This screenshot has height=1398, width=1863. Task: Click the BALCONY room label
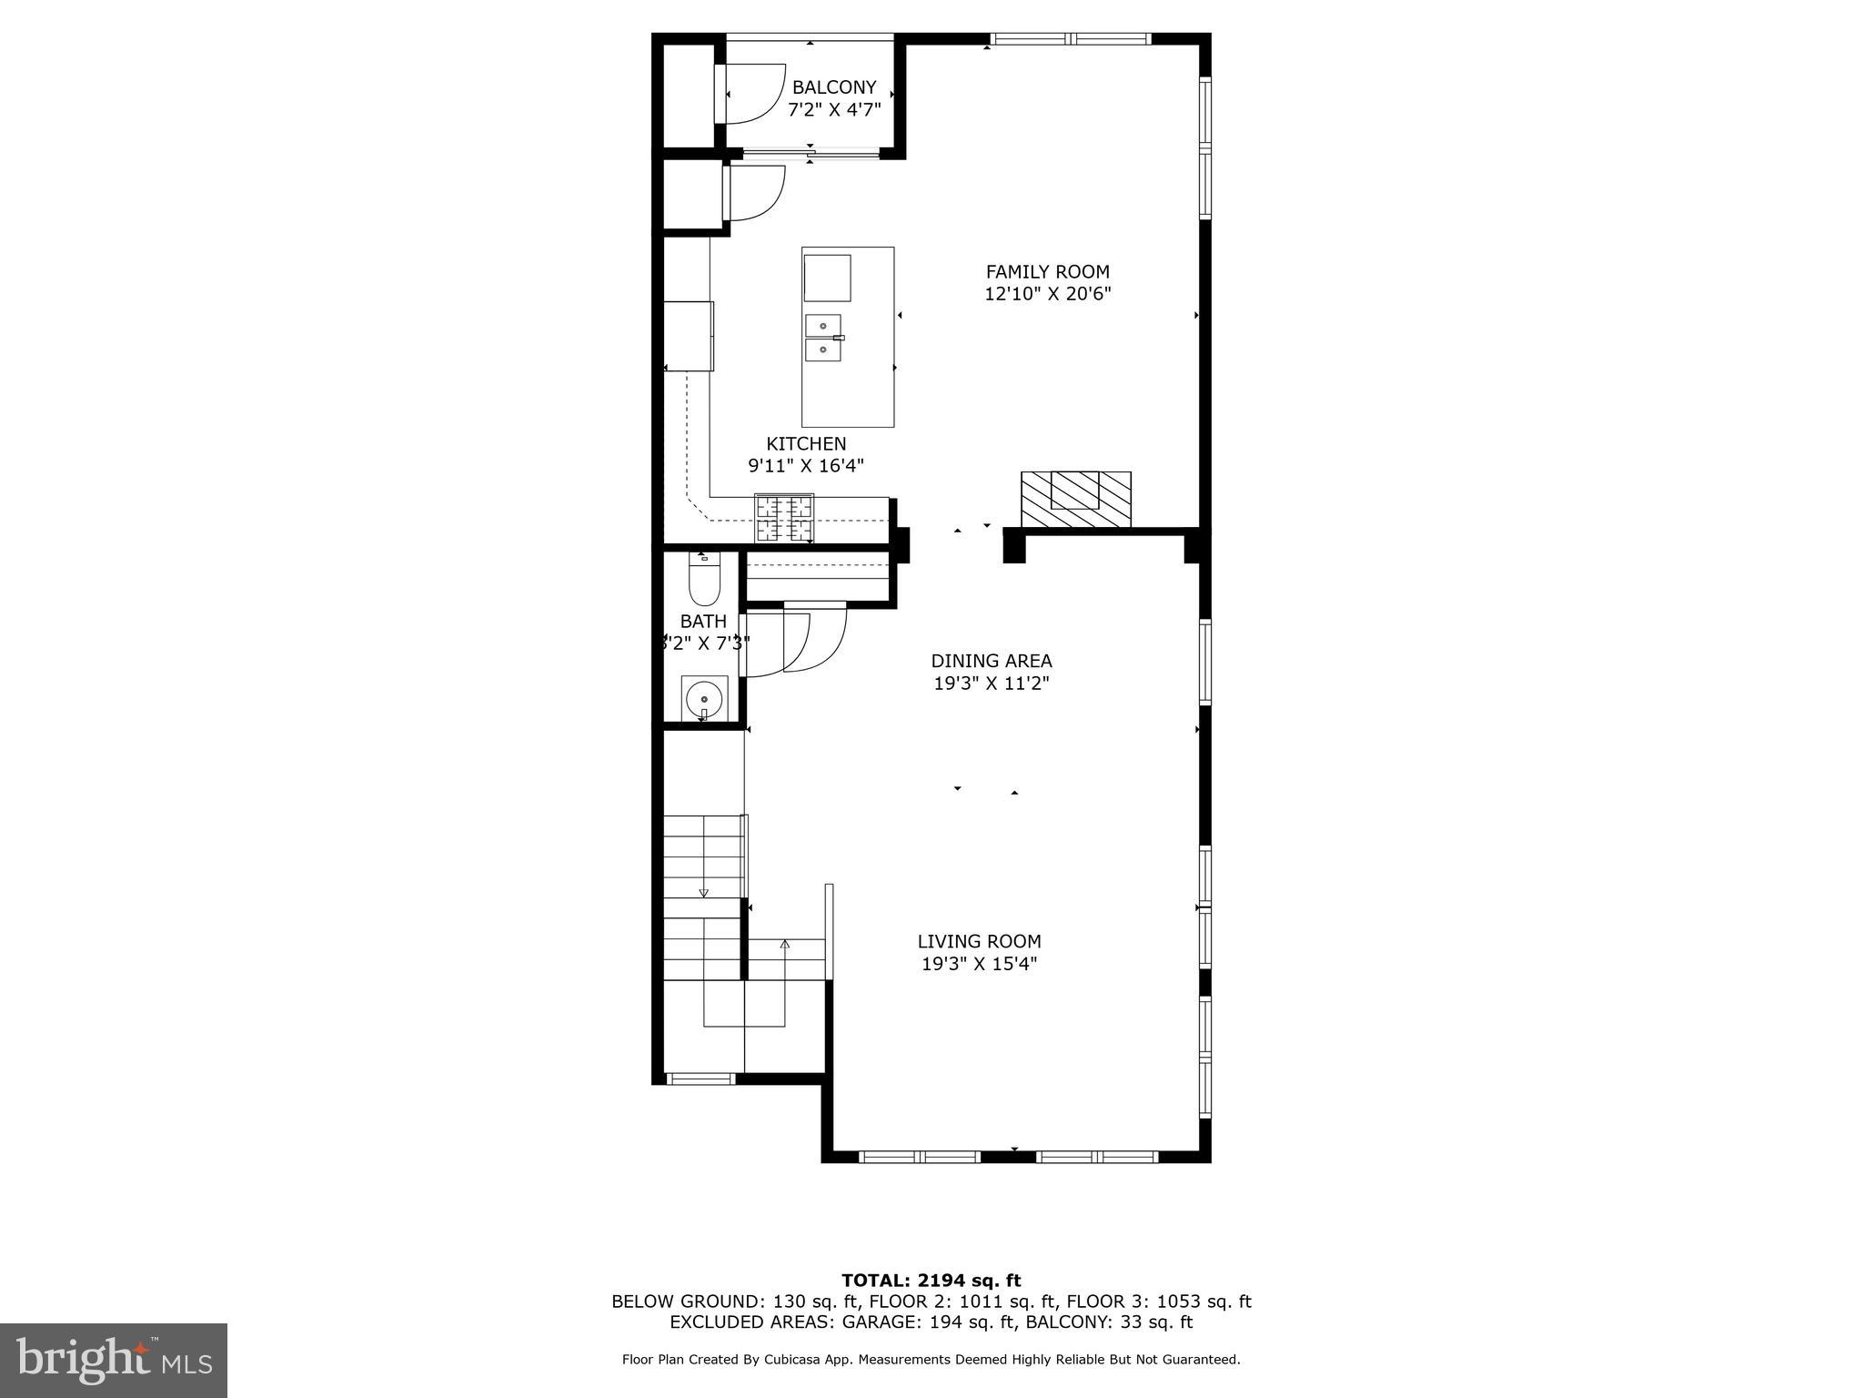833,87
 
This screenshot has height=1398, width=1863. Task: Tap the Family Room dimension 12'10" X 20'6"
1047,294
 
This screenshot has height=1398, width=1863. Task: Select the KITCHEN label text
806,443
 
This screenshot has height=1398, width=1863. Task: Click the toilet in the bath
704,580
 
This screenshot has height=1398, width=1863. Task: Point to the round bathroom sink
704,699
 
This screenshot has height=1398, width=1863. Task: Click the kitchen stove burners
783,518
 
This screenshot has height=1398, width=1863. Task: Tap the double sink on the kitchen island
822,338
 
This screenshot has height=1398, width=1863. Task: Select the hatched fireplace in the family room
1075,499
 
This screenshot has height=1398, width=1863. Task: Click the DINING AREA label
991,661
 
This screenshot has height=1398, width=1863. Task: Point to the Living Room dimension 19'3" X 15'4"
979,964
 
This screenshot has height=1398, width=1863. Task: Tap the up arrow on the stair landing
785,946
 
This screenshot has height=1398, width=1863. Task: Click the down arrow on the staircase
703,893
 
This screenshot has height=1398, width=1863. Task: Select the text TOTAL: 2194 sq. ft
931,1281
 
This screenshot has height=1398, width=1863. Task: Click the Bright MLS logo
114,1360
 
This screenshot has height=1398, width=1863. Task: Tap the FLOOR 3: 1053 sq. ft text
1158,1302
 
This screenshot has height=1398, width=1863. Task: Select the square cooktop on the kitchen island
827,278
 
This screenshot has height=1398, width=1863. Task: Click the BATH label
703,622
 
